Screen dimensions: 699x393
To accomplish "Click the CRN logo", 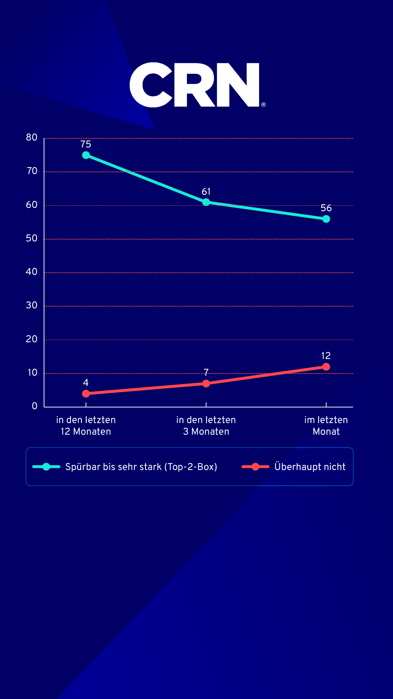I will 195,85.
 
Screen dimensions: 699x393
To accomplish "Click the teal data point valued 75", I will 86,155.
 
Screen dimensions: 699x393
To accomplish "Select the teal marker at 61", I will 206,202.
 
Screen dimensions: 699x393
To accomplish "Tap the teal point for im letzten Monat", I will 326,219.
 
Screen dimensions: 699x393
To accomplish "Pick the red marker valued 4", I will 86,394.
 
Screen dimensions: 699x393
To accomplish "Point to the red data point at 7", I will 206,383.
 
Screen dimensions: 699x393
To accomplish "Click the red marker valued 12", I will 326,367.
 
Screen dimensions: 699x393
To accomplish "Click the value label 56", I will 326,208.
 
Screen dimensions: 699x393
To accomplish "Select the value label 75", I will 86,144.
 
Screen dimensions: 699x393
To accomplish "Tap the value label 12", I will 326,356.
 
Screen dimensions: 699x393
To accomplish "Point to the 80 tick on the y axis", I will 32,138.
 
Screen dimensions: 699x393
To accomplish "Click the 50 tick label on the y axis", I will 32,238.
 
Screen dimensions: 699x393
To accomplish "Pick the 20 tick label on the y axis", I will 32,339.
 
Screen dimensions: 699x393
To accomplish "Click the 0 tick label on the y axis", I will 35,406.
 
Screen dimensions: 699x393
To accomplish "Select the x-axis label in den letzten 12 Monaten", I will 86,426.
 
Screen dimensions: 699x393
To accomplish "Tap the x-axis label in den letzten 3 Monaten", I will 206,426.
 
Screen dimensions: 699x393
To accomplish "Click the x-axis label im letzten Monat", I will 326,426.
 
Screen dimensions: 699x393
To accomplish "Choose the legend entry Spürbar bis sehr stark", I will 141,467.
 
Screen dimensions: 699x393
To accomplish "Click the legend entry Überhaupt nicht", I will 310,467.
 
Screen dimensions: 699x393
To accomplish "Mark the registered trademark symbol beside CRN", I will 263,105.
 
